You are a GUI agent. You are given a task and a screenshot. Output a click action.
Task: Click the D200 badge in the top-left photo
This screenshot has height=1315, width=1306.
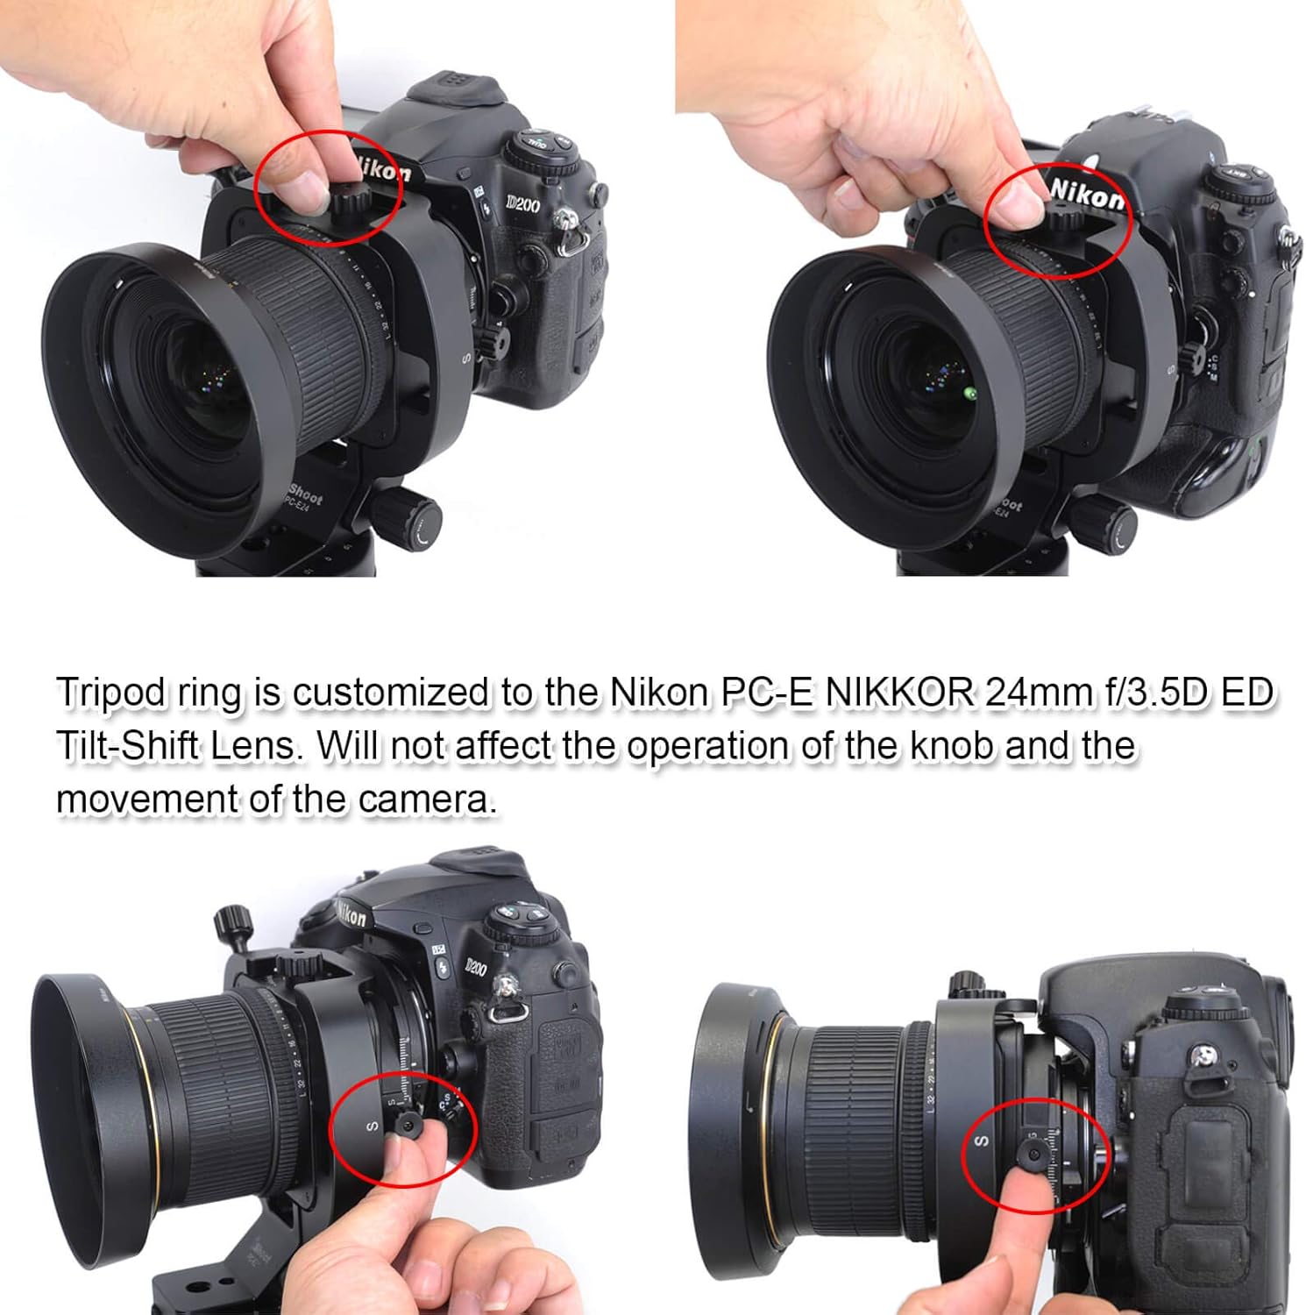tap(522, 204)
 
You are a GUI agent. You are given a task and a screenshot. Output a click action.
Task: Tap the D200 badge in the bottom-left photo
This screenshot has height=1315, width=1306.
tap(475, 967)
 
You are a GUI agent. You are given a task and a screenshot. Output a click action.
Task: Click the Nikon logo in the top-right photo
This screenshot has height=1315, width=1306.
tap(1086, 195)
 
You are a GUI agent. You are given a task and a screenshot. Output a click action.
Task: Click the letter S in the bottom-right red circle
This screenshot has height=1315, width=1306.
tap(982, 1141)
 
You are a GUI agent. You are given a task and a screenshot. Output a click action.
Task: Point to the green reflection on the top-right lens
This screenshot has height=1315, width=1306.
tap(970, 394)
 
